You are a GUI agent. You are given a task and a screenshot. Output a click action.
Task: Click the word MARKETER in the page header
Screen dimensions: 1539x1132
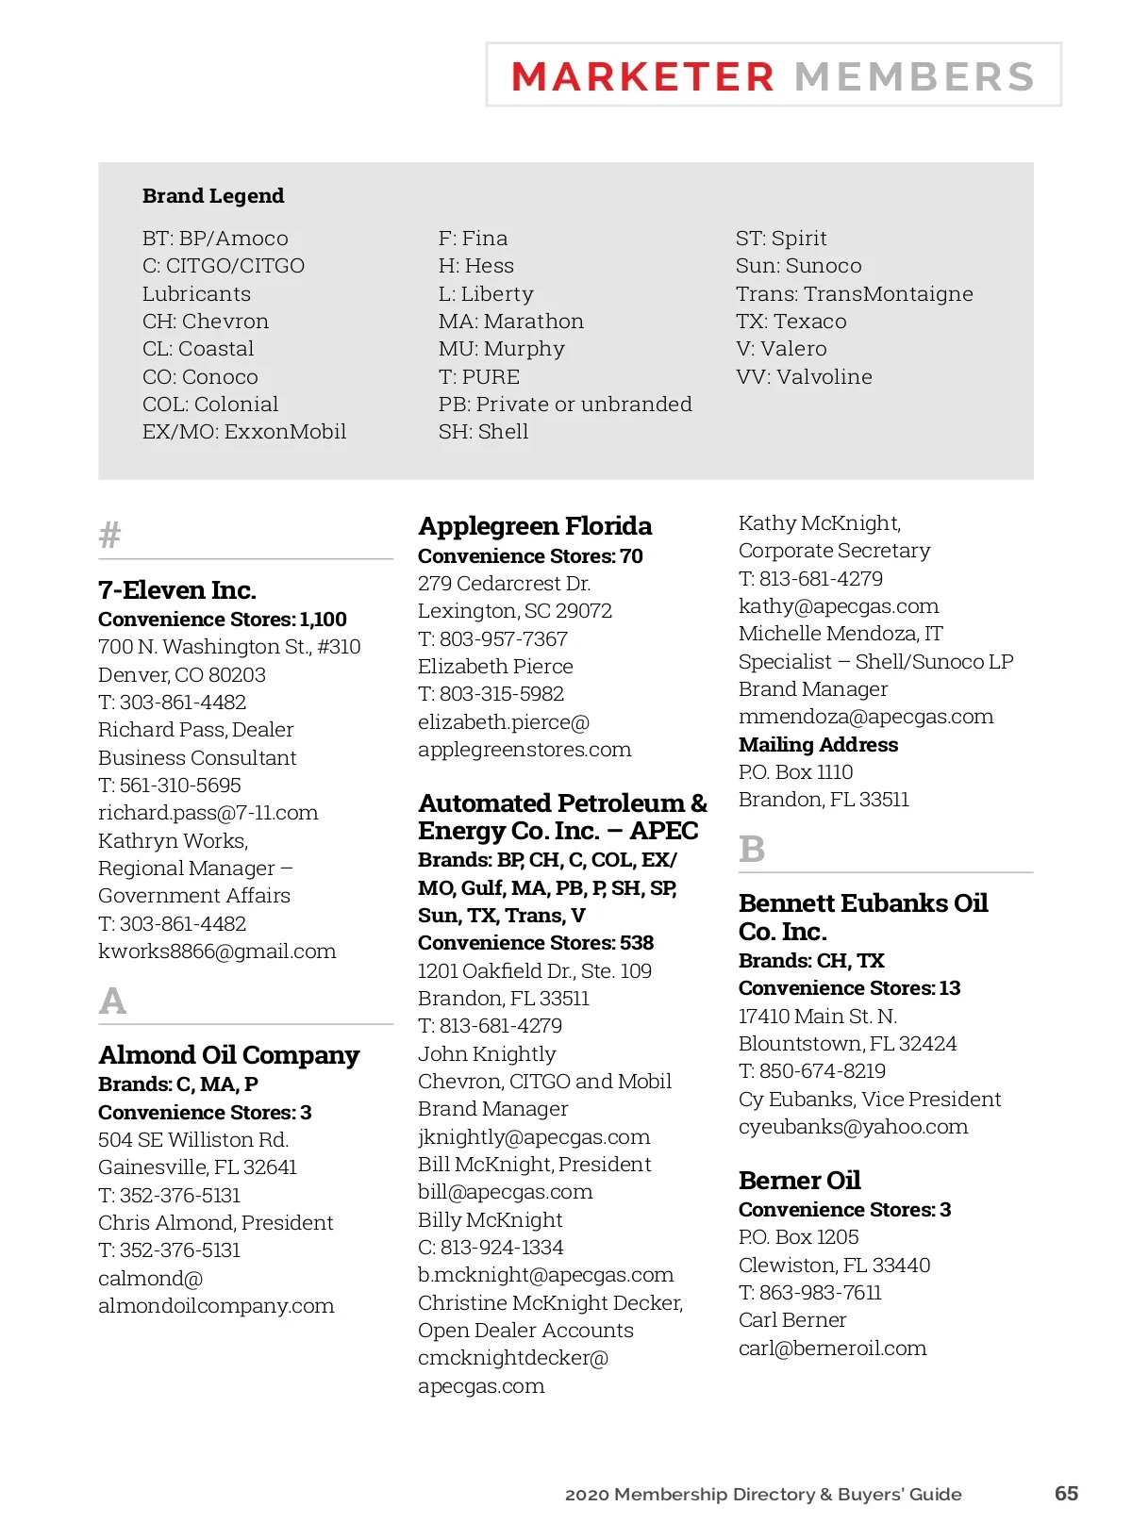(642, 76)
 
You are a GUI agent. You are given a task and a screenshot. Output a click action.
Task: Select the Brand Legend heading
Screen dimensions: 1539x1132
(213, 196)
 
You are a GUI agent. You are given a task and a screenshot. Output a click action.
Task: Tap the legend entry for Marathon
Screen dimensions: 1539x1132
(511, 322)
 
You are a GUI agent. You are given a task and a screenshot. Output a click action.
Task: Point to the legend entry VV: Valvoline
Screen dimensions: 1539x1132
(804, 377)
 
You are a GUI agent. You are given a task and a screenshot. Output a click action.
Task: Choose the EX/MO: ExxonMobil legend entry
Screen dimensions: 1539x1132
(244, 432)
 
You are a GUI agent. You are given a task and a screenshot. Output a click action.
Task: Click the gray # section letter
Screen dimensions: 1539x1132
(110, 536)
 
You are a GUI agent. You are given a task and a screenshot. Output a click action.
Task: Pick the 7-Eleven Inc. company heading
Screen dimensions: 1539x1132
(177, 590)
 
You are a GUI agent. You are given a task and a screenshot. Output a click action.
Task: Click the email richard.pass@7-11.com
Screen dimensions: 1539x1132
(208, 813)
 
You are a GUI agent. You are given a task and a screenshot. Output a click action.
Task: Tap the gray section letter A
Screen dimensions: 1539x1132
(112, 1001)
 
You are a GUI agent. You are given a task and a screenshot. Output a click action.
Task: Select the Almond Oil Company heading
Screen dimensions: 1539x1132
(229, 1055)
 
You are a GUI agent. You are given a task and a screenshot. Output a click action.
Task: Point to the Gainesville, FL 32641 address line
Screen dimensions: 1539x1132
(197, 1167)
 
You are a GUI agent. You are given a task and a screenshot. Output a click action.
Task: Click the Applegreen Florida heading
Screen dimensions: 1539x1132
(535, 526)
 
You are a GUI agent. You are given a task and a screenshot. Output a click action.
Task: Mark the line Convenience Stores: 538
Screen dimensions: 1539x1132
(536, 943)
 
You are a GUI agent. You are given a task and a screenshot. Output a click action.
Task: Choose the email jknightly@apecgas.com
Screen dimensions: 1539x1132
(534, 1137)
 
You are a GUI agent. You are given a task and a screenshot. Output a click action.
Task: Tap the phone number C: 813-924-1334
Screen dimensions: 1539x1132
(491, 1248)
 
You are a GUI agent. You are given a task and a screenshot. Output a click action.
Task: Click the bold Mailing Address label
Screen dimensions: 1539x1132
(818, 745)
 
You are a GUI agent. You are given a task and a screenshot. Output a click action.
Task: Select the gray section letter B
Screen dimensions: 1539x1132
(752, 849)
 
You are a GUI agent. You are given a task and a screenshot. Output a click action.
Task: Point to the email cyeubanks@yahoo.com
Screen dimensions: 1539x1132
(853, 1127)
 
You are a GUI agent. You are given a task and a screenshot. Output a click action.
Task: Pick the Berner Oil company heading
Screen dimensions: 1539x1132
(799, 1181)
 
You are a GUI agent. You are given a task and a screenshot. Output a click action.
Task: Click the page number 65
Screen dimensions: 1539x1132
(1066, 1494)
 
